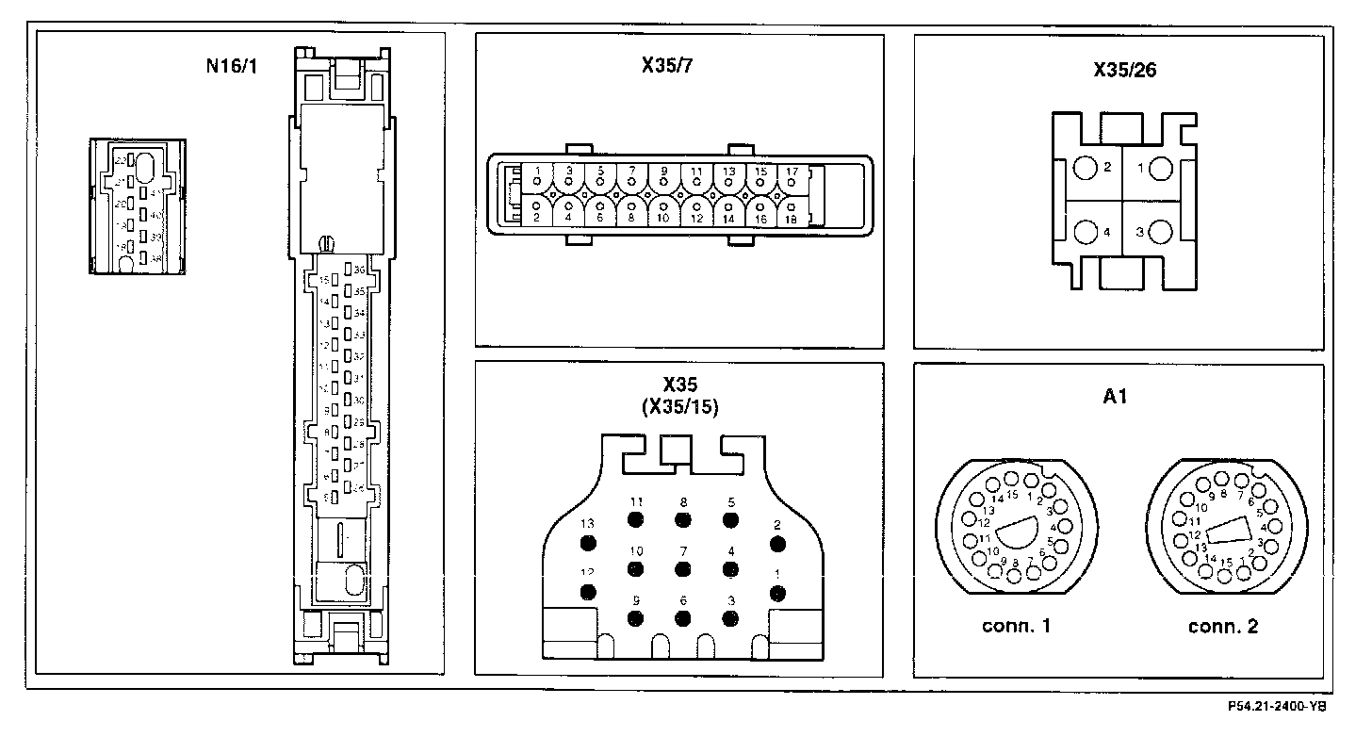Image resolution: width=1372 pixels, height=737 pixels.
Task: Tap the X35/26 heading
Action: coord(1119,70)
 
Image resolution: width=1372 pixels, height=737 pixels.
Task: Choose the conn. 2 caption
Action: coord(1223,627)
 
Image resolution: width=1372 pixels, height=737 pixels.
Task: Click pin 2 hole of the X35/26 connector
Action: coord(1086,169)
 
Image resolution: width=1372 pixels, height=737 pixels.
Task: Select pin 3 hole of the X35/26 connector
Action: coord(1160,231)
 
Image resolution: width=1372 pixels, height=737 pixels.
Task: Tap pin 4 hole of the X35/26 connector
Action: coord(1086,231)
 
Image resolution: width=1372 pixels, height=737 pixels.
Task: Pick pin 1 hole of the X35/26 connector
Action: coord(1160,169)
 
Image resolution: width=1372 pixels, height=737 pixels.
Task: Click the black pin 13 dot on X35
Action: coord(590,543)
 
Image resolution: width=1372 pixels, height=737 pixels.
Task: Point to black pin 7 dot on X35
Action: coord(682,567)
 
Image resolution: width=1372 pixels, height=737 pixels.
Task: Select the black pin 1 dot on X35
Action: coord(777,592)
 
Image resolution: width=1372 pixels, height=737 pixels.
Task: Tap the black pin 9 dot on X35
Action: coord(636,617)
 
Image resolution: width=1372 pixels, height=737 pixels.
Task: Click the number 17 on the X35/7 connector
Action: coord(792,172)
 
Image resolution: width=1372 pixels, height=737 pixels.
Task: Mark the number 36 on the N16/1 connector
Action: coord(359,270)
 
